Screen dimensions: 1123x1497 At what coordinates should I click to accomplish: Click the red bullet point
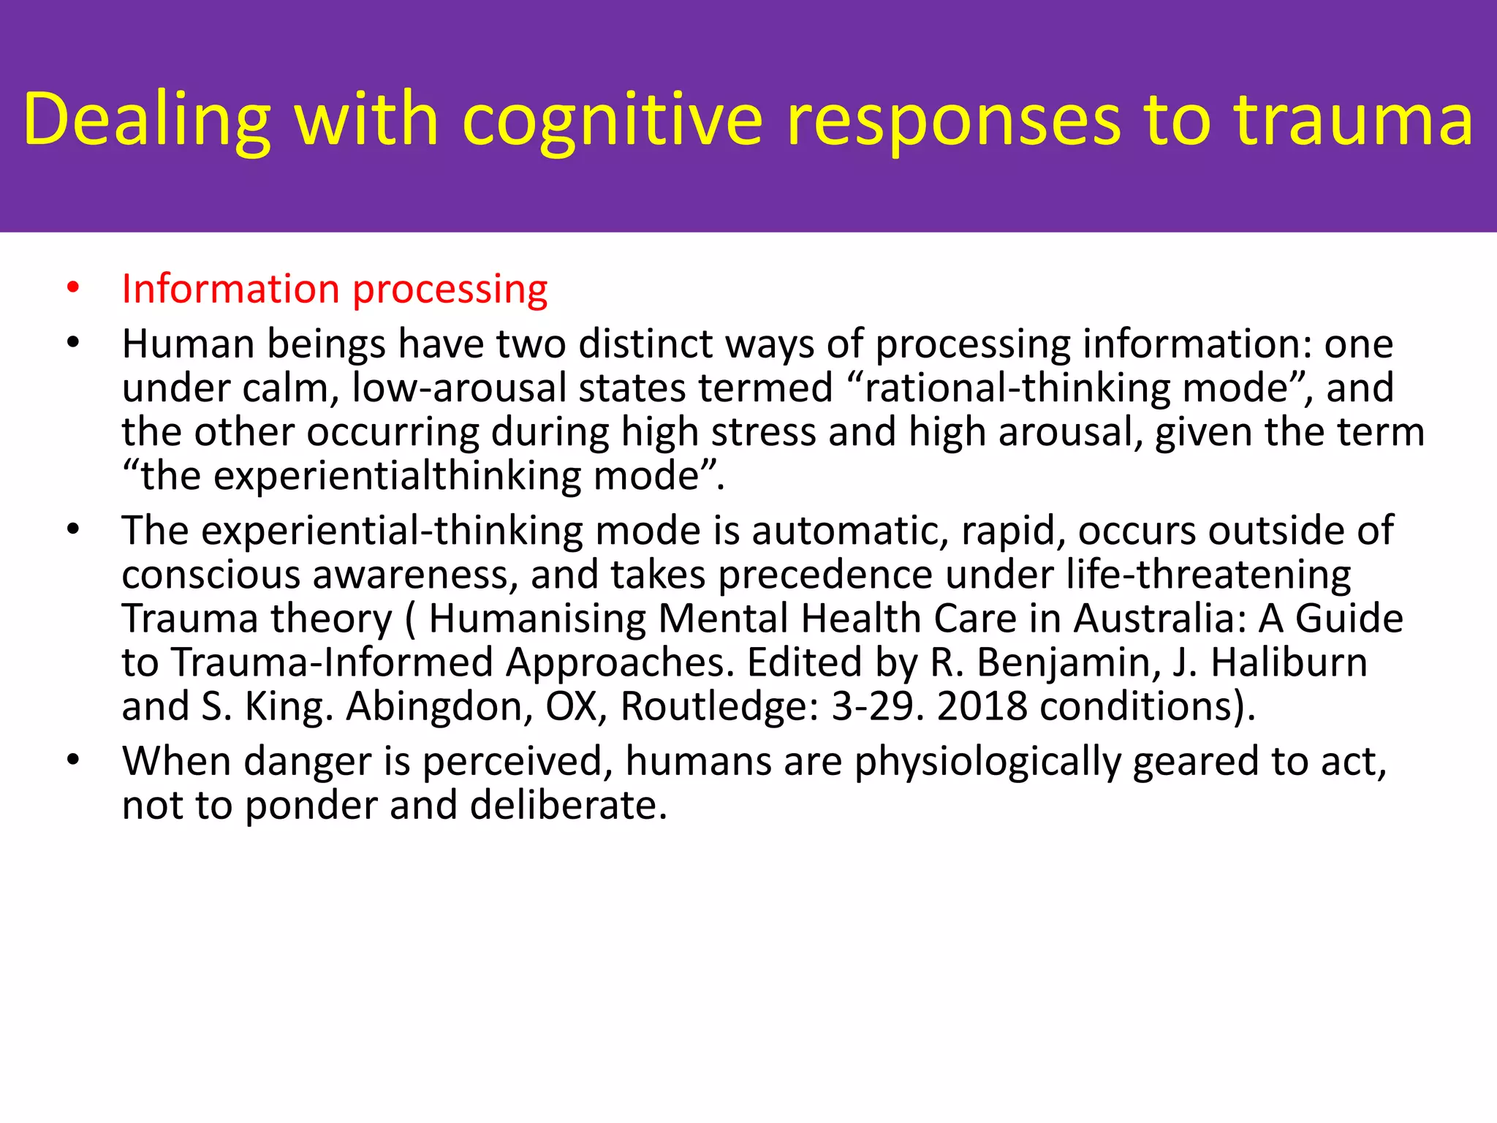72,289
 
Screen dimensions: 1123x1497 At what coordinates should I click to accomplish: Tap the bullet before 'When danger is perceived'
72,761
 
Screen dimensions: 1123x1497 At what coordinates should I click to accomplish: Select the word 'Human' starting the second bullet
188,344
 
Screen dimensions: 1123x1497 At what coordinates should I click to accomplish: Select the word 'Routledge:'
719,707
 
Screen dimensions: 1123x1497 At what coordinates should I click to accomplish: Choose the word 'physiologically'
987,763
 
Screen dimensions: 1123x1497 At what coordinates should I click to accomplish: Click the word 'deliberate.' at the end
569,806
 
